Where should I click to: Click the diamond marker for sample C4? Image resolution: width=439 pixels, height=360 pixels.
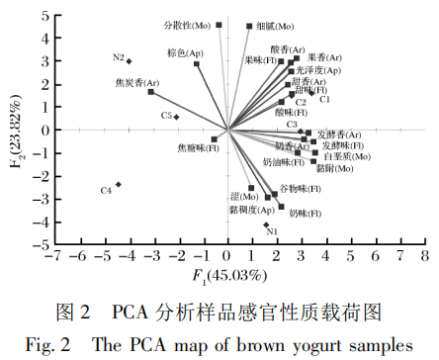[x=119, y=185]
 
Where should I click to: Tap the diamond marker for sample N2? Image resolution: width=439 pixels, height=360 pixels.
[x=129, y=61]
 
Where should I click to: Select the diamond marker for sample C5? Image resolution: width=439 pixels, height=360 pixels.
[x=177, y=117]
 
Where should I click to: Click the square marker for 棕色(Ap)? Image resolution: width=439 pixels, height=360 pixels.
[x=197, y=64]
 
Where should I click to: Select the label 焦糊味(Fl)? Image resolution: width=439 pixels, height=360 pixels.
[x=191, y=149]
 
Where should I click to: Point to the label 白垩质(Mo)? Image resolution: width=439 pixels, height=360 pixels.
[x=346, y=156]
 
